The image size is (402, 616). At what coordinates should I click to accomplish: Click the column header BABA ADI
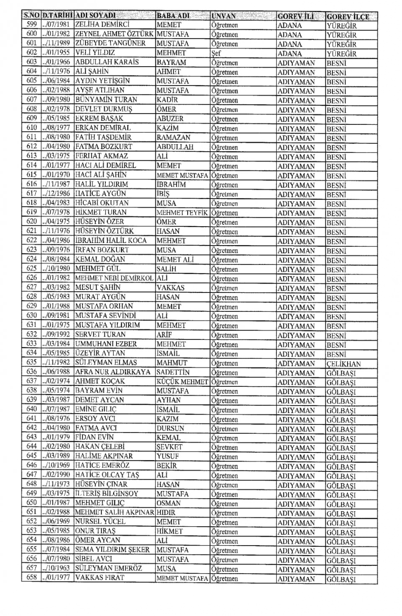click(x=173, y=16)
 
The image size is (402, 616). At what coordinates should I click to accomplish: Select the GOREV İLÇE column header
click(x=348, y=17)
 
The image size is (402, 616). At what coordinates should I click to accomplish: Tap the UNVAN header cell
click(x=224, y=16)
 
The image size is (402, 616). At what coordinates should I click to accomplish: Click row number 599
click(x=32, y=25)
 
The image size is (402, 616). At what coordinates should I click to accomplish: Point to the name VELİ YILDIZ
click(x=95, y=53)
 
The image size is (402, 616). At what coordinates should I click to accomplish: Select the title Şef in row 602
click(x=216, y=54)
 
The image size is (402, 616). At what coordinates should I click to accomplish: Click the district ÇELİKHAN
click(x=343, y=364)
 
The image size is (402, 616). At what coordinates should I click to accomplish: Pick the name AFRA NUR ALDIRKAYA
click(x=113, y=372)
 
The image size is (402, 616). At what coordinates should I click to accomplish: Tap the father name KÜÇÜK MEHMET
click(x=182, y=382)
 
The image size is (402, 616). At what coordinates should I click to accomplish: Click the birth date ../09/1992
click(x=57, y=334)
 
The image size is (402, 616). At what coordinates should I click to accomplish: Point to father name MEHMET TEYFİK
click(x=182, y=212)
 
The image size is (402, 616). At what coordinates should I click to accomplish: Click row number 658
click(x=32, y=578)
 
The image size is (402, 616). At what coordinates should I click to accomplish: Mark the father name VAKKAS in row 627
click(x=170, y=288)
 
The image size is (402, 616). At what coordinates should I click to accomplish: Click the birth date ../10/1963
click(x=57, y=569)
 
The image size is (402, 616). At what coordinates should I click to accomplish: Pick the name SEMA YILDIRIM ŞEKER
click(x=112, y=550)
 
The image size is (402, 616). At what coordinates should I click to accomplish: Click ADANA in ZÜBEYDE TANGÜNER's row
click(x=289, y=44)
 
